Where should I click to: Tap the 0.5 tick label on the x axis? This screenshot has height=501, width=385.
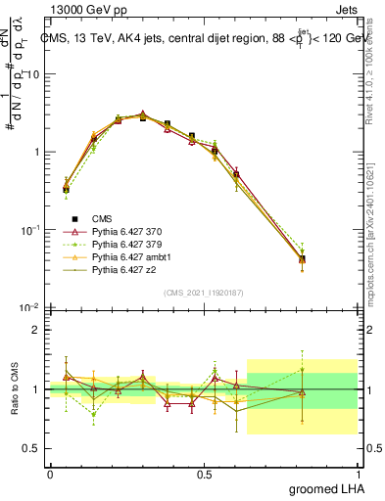[204, 474]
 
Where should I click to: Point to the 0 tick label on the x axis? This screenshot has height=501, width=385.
[50, 474]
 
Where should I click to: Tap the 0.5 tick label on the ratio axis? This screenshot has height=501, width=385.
[33, 449]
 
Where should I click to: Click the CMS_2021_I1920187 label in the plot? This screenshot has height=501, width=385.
[204, 292]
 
